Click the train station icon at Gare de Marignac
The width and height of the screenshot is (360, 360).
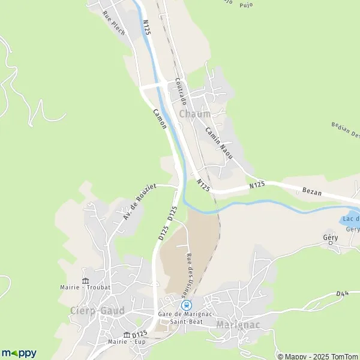[186, 305]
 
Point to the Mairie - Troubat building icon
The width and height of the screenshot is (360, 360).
[85, 281]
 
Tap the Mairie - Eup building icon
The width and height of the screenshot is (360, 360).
[127, 335]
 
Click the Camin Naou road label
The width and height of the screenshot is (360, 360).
[218, 139]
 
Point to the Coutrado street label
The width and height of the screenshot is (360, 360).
[182, 90]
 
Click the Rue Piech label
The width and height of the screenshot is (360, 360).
[113, 23]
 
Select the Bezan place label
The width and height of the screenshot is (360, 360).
[313, 193]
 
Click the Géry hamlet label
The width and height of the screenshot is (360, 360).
[331, 238]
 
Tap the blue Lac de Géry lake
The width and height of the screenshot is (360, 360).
[350, 220]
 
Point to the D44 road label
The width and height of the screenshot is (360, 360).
[343, 293]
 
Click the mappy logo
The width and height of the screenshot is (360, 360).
[19, 353]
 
